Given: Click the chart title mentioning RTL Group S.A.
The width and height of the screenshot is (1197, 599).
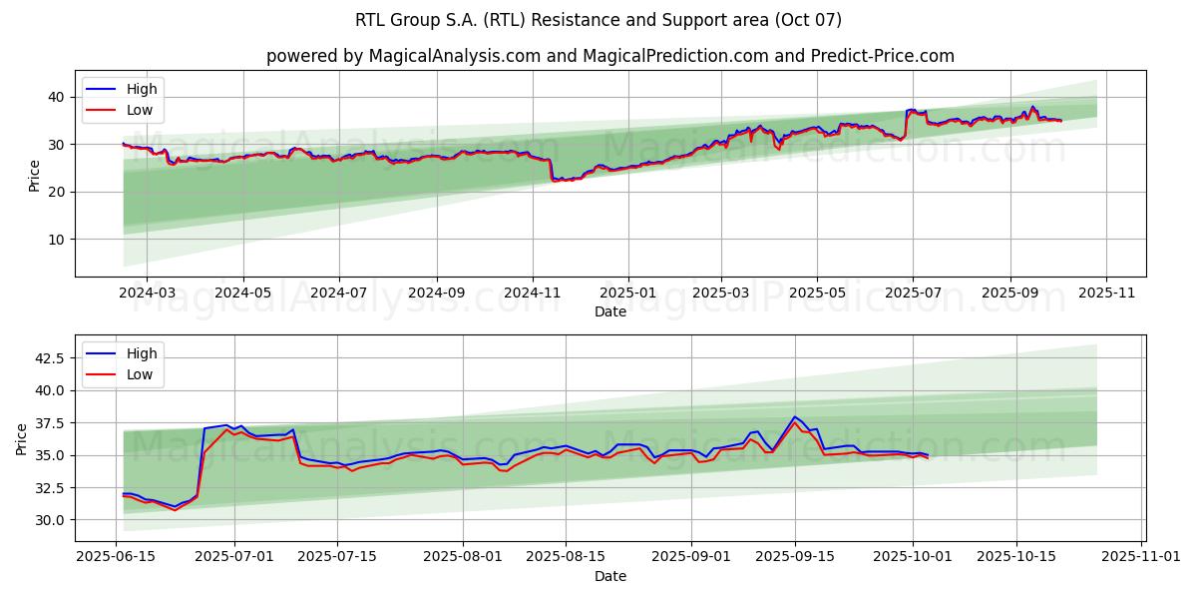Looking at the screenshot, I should pos(598,20).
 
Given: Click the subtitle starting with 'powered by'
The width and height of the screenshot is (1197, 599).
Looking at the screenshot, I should pos(609,56).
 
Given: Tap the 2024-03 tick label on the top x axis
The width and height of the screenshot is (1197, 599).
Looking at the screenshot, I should pos(147,294).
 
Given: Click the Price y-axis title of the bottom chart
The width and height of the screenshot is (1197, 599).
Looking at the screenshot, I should pos(22,438).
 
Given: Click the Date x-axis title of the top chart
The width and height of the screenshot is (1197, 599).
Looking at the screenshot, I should pos(609,311).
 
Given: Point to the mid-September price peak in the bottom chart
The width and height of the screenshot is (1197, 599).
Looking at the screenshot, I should pos(795,417).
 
